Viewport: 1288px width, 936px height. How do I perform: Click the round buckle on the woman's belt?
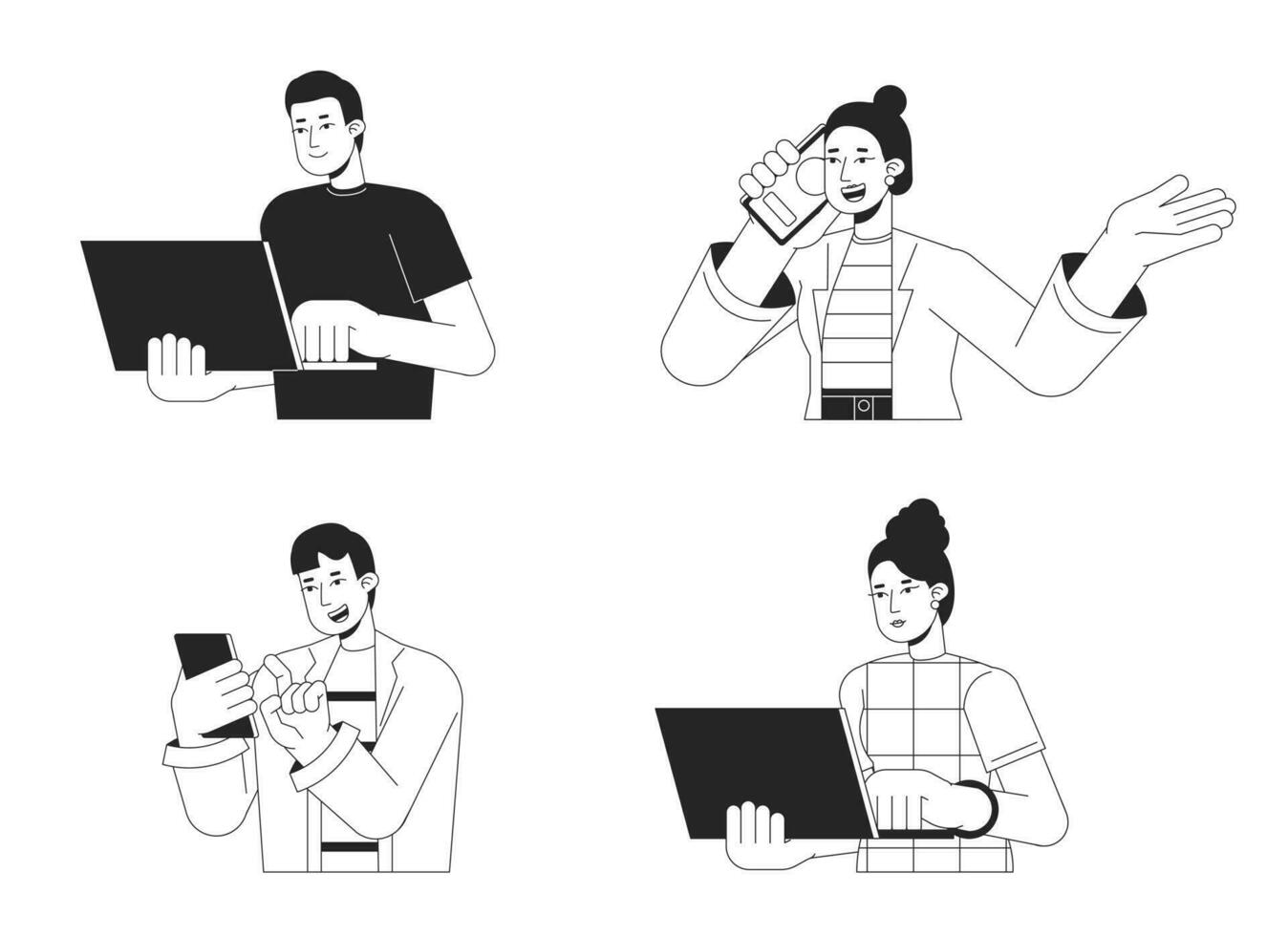864,406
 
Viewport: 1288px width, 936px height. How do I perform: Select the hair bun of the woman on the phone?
890,99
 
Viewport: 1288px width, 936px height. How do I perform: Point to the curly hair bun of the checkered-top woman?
916,524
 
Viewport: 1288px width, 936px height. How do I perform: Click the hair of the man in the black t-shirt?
325,91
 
